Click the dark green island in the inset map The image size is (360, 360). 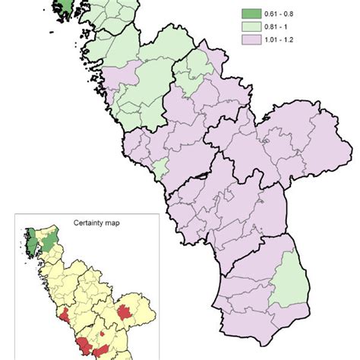31,247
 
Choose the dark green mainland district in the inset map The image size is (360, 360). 51,242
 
